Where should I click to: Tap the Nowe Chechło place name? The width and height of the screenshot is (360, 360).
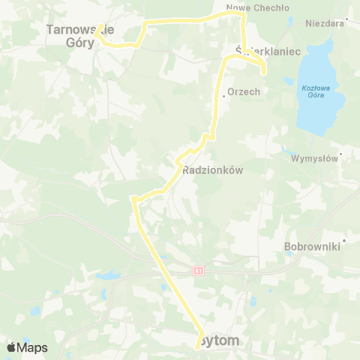pyautogui.click(x=247, y=7)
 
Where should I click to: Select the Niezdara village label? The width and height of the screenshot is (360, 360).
pyautogui.click(x=323, y=23)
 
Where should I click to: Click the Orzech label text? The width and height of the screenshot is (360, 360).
pyautogui.click(x=244, y=92)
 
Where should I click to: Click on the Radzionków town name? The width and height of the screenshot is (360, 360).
pyautogui.click(x=214, y=170)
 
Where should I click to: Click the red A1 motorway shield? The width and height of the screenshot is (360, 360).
pyautogui.click(x=197, y=270)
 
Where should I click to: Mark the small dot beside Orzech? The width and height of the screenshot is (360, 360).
pyautogui.click(x=223, y=96)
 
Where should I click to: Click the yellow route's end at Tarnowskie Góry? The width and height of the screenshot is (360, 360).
pyautogui.click(x=98, y=32)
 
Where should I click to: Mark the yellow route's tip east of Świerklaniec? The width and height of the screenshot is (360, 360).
pyautogui.click(x=264, y=73)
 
